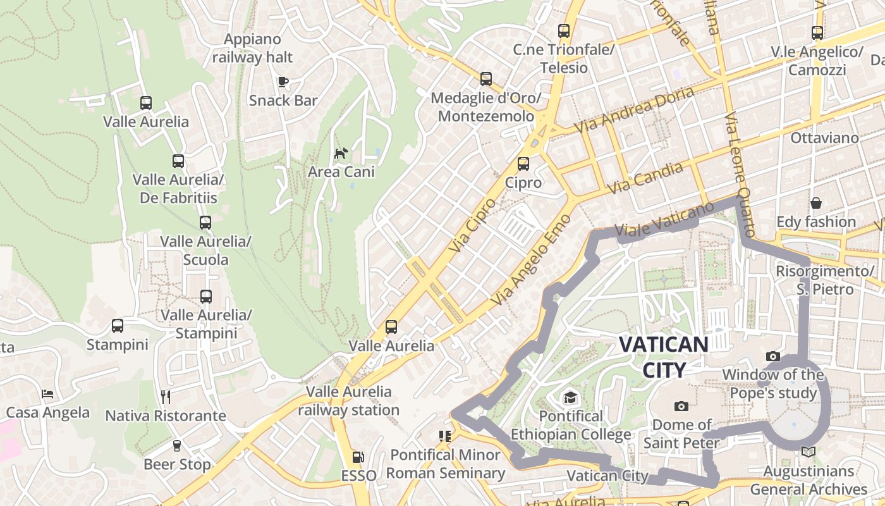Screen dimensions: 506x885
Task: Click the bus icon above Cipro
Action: [x=523, y=164]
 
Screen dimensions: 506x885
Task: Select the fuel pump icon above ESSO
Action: [x=358, y=457]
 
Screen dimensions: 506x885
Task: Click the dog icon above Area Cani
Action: [x=341, y=153]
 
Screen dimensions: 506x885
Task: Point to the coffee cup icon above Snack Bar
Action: [x=283, y=82]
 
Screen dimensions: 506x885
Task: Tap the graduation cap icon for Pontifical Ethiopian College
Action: [x=571, y=397]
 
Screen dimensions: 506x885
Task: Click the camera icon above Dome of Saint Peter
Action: [x=681, y=406]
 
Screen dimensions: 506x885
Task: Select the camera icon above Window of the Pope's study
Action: [x=772, y=357]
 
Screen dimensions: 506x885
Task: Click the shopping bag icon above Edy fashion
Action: [x=816, y=203]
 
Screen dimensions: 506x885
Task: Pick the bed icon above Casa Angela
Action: [x=47, y=394]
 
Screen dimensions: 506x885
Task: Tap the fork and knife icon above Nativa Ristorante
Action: [x=166, y=397]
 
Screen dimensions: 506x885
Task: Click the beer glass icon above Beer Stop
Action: [x=176, y=446]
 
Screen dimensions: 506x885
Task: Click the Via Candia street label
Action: [x=645, y=178]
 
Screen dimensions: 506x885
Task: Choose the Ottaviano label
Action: [x=824, y=138]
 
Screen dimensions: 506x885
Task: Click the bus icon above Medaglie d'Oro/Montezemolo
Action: [x=485, y=79]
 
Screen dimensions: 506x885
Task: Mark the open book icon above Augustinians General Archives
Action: [x=808, y=452]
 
